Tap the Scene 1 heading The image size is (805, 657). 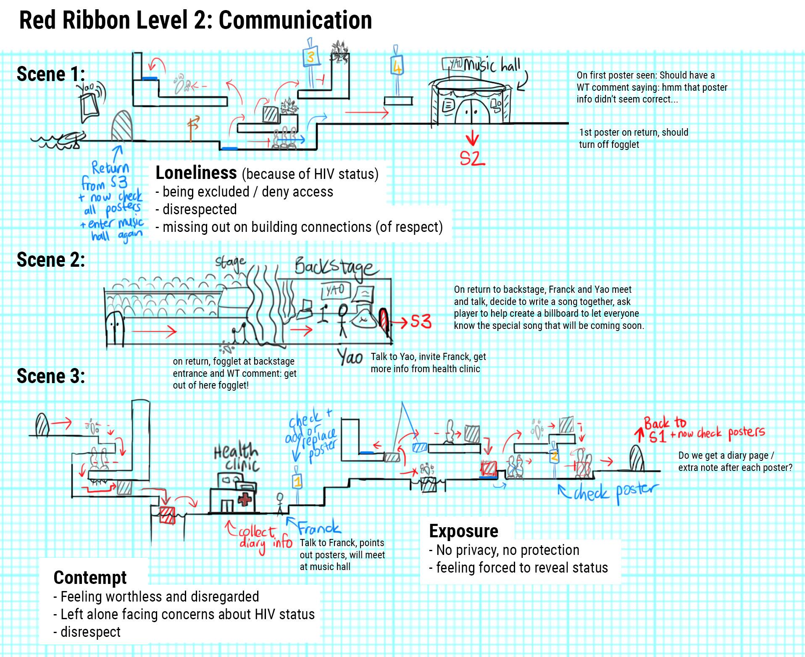[x=51, y=74]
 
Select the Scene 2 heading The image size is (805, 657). [x=51, y=260]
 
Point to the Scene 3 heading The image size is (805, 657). [x=51, y=376]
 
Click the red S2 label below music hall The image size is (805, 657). [x=472, y=158]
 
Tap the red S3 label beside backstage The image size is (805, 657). [x=420, y=322]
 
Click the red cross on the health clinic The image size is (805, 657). [x=245, y=500]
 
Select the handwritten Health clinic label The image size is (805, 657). [x=236, y=458]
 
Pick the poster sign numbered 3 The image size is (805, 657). [x=310, y=57]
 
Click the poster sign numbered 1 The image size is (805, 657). [x=297, y=480]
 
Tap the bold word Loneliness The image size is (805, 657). [x=196, y=173]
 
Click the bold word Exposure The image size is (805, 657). [x=463, y=531]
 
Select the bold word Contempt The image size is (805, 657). [x=90, y=578]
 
